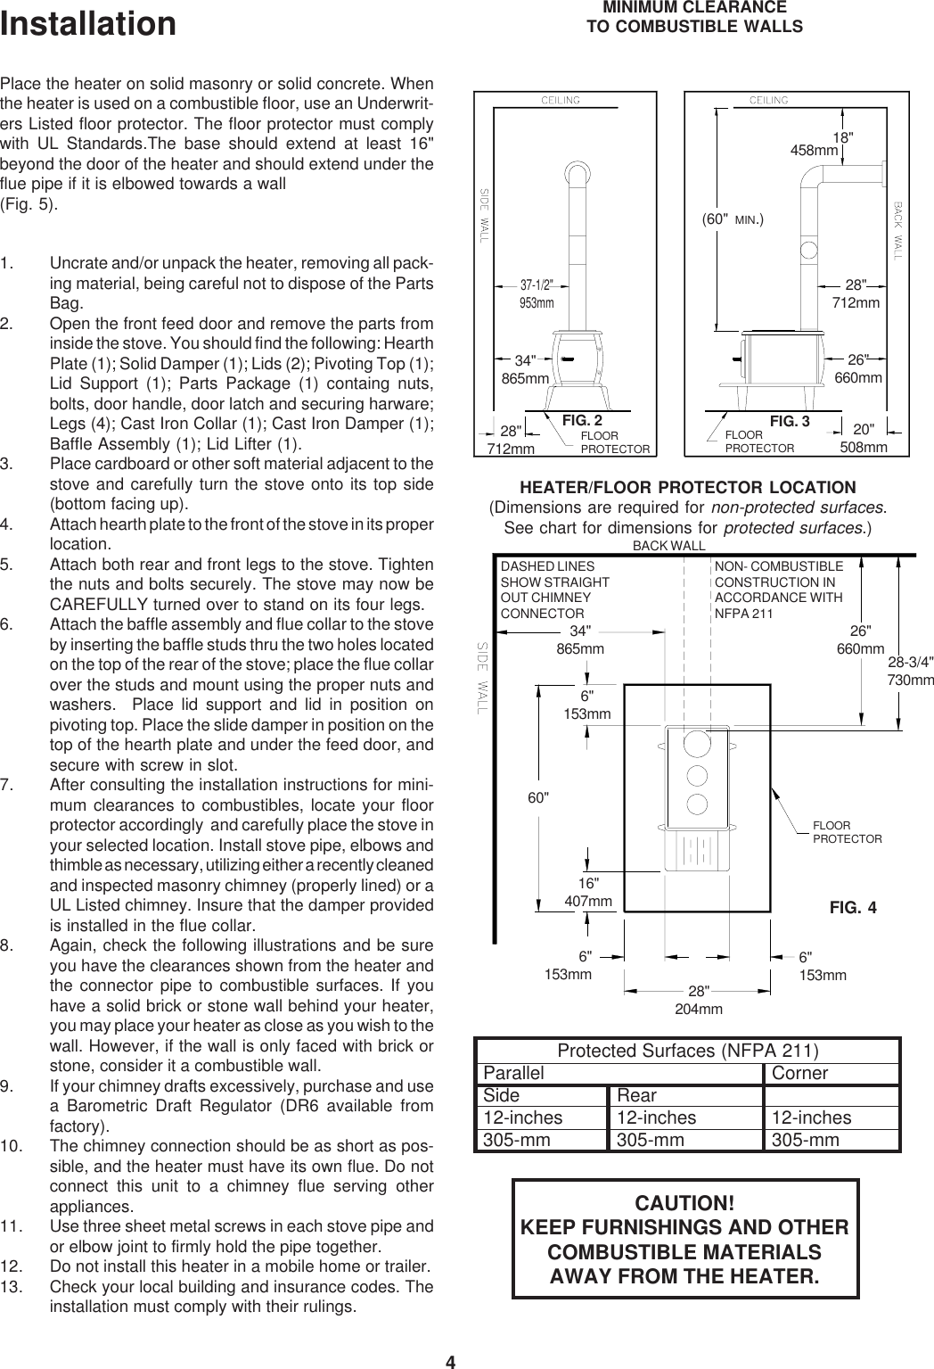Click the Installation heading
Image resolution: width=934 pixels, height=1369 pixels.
click(88, 24)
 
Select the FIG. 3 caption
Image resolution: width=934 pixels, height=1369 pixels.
click(789, 420)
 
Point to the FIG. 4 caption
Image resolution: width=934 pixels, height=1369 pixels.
click(852, 908)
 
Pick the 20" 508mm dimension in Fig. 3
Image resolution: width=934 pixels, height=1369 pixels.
click(864, 437)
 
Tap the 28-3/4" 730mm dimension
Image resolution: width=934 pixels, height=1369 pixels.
click(910, 671)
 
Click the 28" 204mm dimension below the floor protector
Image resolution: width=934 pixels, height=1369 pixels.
click(698, 1001)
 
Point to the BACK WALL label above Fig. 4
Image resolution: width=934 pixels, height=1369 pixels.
click(668, 545)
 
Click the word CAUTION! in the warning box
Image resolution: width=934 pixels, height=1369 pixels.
click(684, 1202)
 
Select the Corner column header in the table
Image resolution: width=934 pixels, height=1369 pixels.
click(799, 1073)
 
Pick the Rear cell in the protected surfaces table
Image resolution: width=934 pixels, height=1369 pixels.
click(637, 1095)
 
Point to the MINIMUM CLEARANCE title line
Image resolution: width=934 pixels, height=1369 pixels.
click(694, 8)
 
